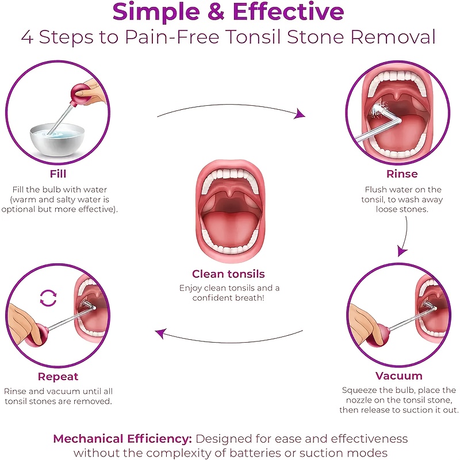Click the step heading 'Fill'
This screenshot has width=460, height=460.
(x=58, y=174)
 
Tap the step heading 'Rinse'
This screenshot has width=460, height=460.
(x=401, y=174)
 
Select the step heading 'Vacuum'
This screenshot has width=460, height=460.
(x=398, y=375)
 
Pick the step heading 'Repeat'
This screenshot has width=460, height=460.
(x=58, y=377)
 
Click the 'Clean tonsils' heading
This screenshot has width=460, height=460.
(x=228, y=274)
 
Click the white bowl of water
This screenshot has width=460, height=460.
(x=57, y=140)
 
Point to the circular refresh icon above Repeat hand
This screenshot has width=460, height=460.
(x=48, y=298)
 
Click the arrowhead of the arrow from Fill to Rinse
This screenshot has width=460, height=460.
(x=299, y=114)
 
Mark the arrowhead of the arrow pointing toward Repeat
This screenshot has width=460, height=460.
(x=161, y=333)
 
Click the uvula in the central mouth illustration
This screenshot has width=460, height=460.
(x=231, y=193)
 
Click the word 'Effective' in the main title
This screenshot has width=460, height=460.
(x=289, y=11)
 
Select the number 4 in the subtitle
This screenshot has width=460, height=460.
(x=27, y=37)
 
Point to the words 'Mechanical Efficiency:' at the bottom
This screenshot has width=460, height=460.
(x=122, y=439)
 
